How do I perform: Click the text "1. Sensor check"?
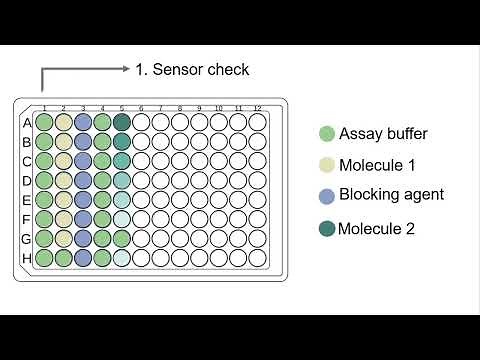coord(192,69)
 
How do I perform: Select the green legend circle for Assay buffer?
coord(326,134)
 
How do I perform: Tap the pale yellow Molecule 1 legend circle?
coord(326,165)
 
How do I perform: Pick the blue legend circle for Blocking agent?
coord(326,196)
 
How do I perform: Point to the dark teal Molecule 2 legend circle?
coord(326,228)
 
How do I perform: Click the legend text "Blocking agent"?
coord(391,195)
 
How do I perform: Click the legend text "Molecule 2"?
coord(376,228)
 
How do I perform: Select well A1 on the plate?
coord(44,122)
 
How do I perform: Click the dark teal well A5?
coord(122,122)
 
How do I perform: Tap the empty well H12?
coord(257,257)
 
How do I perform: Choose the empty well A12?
coord(257,122)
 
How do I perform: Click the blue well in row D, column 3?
coord(83,180)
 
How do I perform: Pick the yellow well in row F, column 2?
coord(63,219)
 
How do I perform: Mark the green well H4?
coord(102,257)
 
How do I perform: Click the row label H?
coord(27,258)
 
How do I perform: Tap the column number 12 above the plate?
coord(257,108)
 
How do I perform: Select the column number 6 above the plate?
coord(141,108)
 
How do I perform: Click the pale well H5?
coord(122,257)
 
